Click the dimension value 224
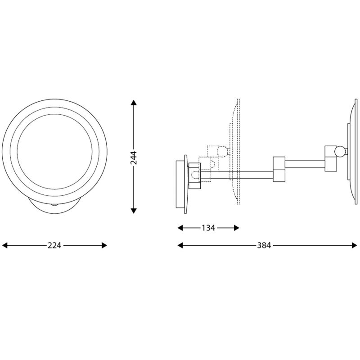point(54,245)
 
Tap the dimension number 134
point(208,228)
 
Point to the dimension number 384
point(264,245)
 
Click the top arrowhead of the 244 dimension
point(134,103)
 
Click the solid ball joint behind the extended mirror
point(342,151)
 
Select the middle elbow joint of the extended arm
point(279,168)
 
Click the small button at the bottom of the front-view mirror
point(54,205)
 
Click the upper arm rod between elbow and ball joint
point(304,162)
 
